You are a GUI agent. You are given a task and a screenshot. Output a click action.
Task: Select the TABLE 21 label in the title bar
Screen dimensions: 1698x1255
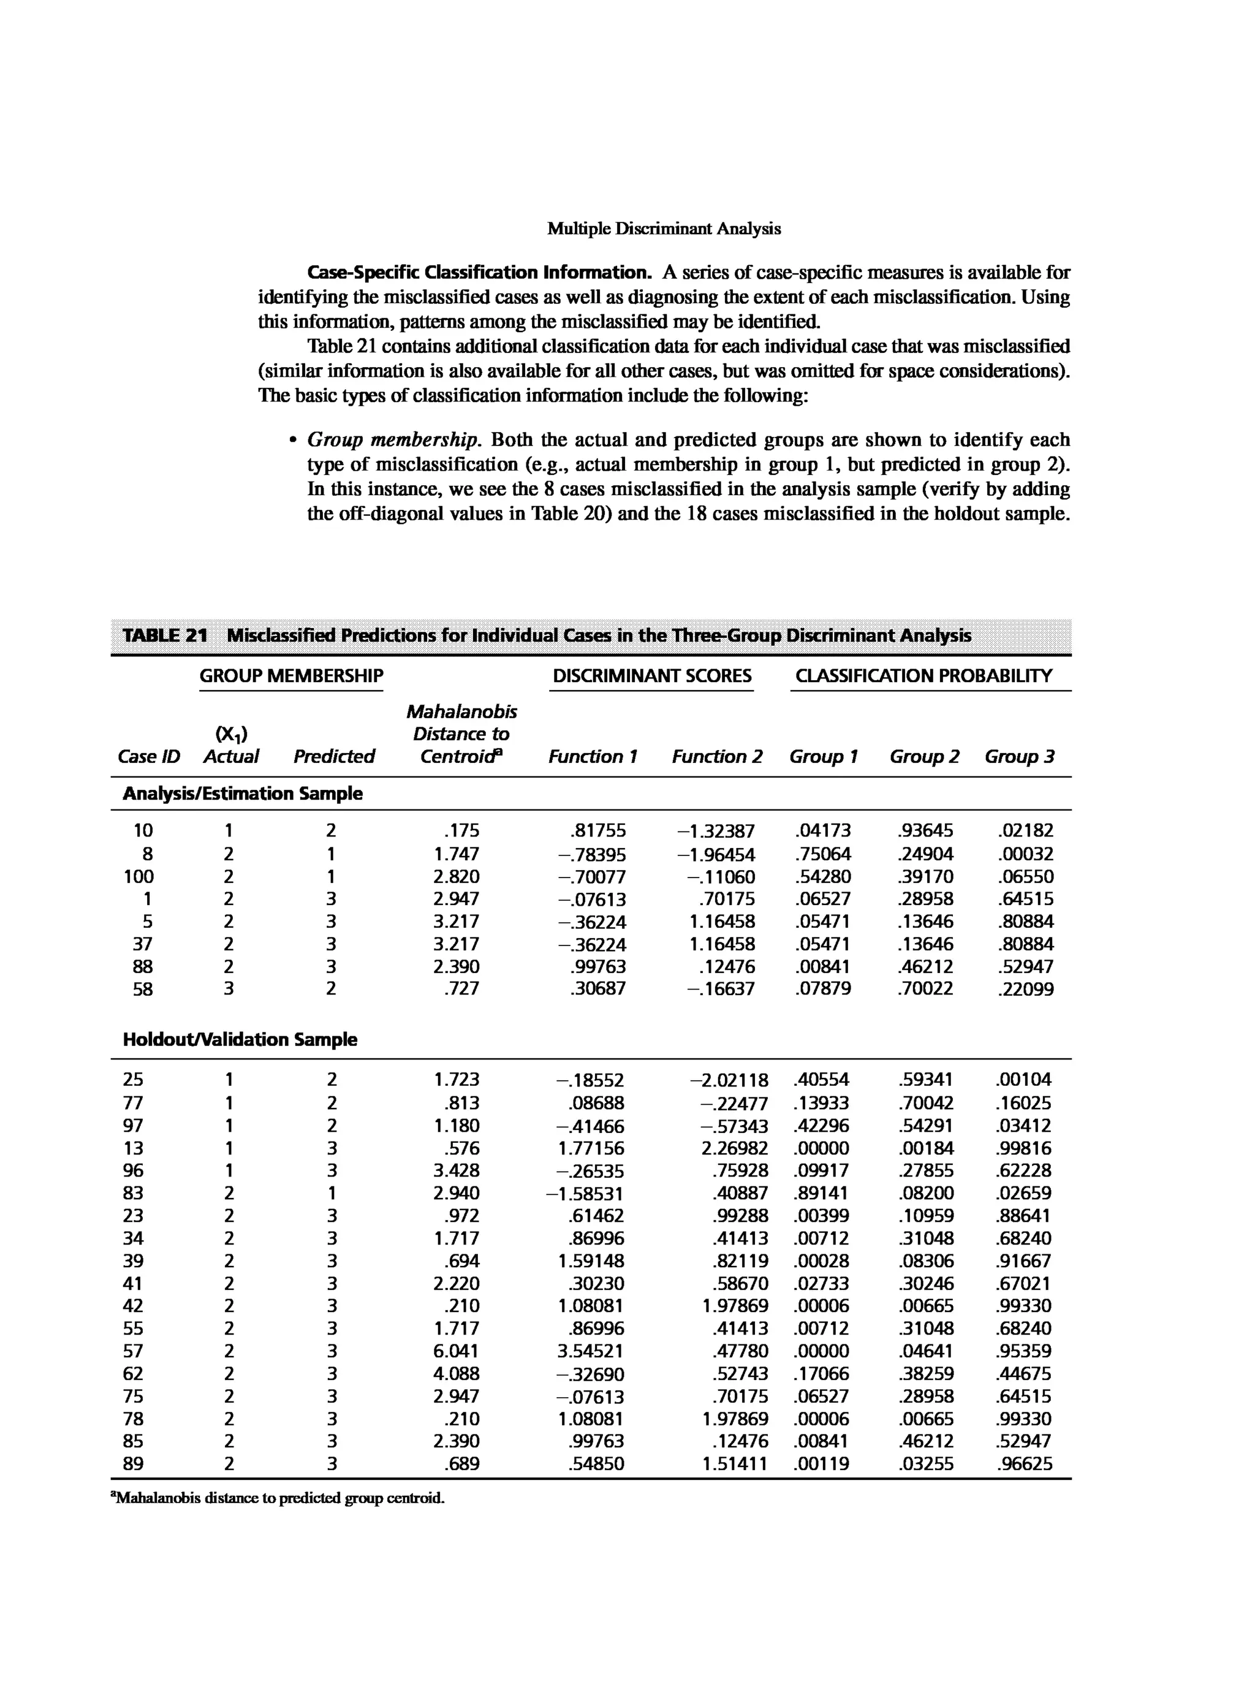pyautogui.click(x=165, y=635)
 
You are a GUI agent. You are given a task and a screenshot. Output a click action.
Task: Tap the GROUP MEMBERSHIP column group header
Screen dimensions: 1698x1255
pyautogui.click(x=291, y=675)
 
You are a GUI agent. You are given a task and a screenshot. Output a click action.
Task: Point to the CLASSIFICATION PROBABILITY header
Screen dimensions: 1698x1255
pyautogui.click(x=923, y=675)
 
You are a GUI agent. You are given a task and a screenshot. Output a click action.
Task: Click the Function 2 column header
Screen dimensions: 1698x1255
pyautogui.click(x=716, y=757)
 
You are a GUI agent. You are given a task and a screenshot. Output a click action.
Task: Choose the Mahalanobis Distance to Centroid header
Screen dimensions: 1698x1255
pyautogui.click(x=461, y=734)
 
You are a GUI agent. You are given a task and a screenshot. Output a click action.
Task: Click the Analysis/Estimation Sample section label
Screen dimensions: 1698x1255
pyautogui.click(x=242, y=793)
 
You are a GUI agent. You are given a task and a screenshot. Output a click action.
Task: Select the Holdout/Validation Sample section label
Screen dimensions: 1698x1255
pyautogui.click(x=240, y=1039)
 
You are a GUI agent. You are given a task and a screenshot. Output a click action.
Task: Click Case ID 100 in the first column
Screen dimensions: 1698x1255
pyautogui.click(x=138, y=877)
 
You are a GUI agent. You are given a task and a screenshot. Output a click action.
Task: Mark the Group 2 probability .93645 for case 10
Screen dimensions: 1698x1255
pyautogui.click(x=925, y=831)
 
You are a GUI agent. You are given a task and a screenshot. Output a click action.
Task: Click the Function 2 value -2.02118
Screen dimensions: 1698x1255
pyautogui.click(x=729, y=1080)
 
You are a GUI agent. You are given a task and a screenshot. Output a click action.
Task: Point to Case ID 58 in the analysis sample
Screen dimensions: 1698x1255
pyautogui.click(x=142, y=989)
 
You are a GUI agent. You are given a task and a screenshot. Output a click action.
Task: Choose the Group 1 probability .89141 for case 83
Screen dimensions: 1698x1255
pyautogui.click(x=821, y=1194)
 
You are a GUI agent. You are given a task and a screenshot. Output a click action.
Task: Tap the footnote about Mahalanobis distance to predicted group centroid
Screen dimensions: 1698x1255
pyautogui.click(x=277, y=1498)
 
